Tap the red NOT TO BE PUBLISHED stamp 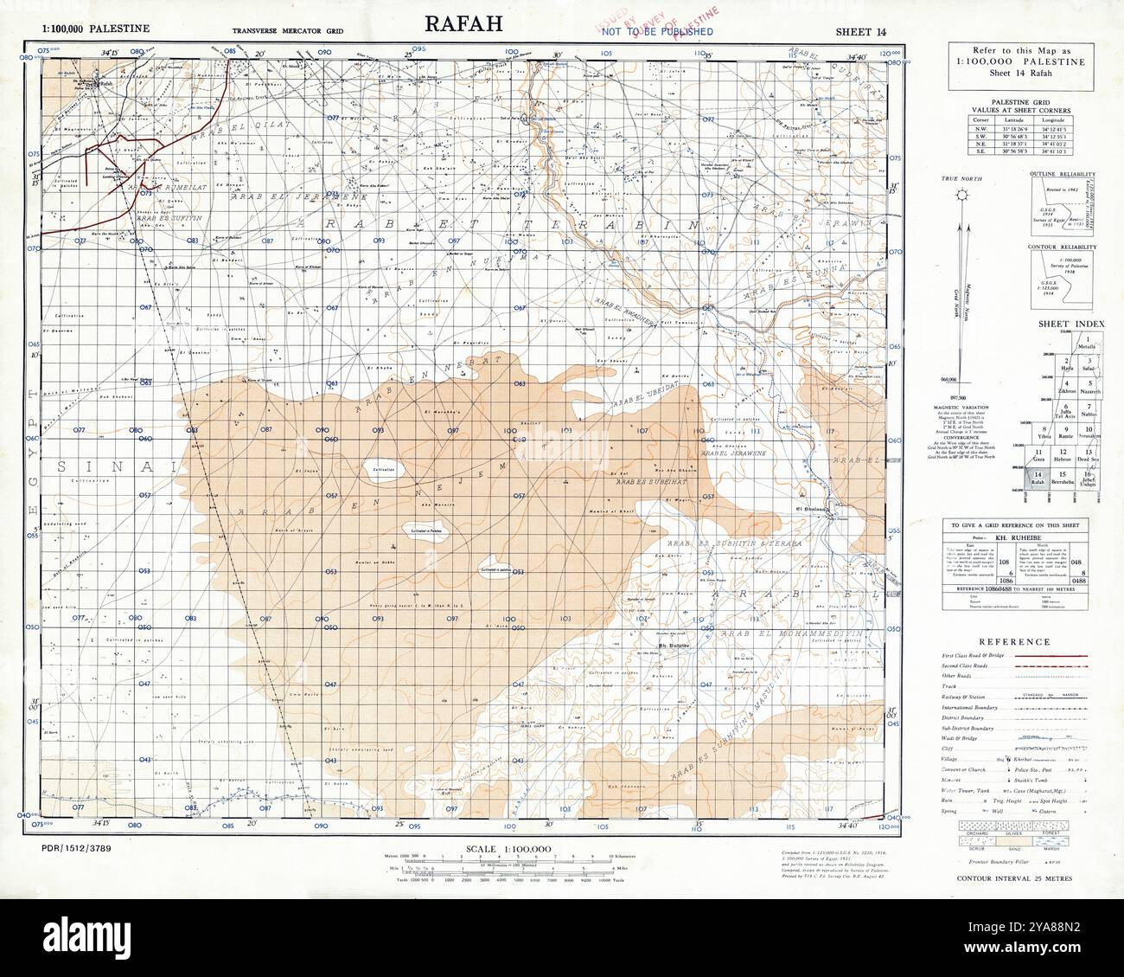click(658, 32)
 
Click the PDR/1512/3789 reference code click(76, 839)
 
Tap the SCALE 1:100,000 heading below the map click(508, 849)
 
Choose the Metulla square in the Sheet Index click(1088, 343)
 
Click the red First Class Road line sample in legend click(1058, 658)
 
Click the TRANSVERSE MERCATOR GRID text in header click(288, 31)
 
